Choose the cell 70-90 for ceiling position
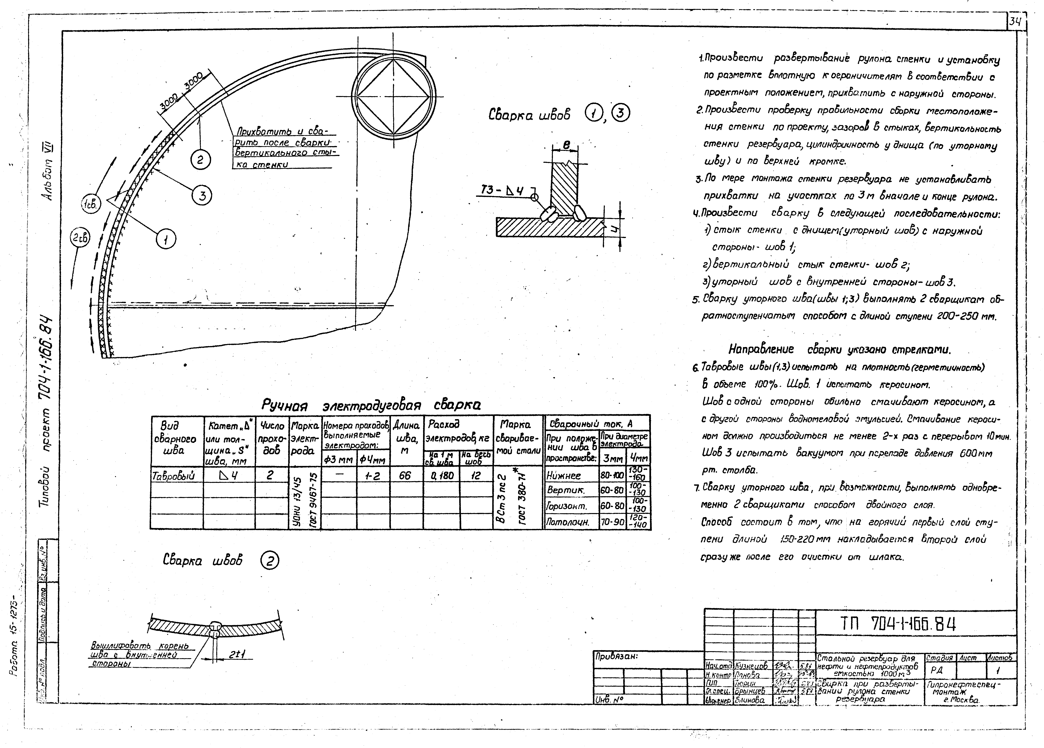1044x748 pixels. point(612,522)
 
